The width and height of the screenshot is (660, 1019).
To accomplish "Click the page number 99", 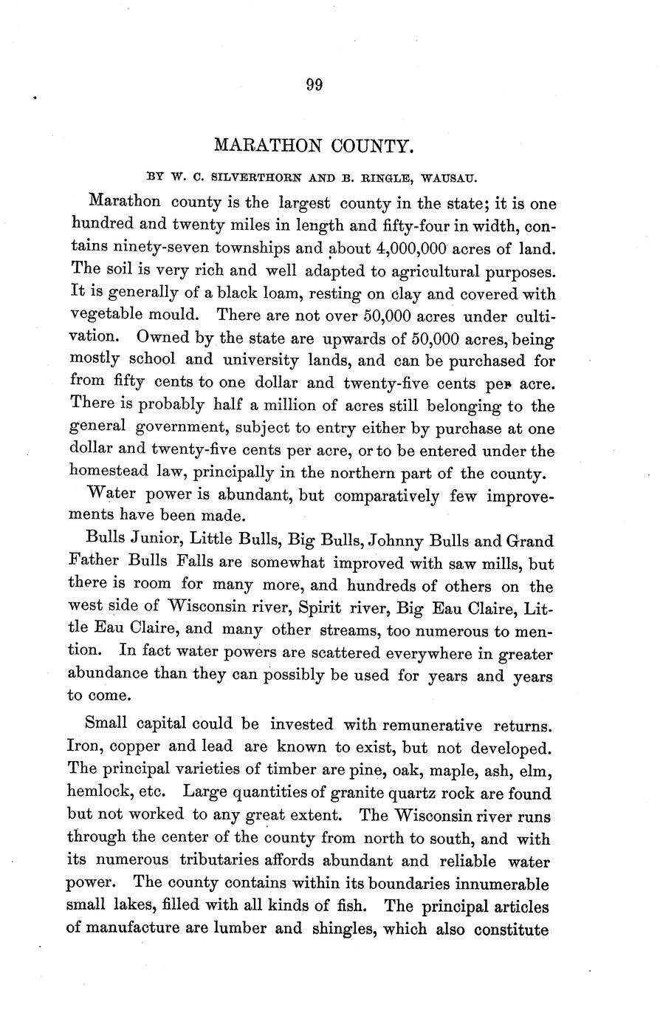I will click(x=314, y=85).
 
